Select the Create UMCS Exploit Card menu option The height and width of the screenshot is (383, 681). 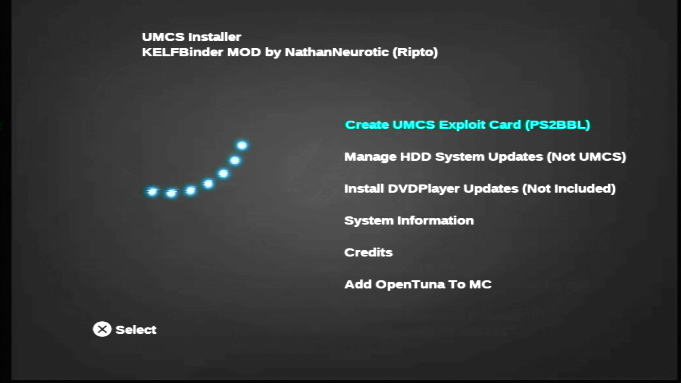coord(467,125)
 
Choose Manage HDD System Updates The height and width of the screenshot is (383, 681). coord(485,157)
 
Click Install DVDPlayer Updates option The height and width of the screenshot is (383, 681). coord(480,189)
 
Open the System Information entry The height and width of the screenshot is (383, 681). coord(409,221)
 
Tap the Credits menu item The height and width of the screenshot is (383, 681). coord(369,252)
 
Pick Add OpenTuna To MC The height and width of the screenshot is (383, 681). coord(418,284)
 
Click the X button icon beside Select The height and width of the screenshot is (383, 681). coord(102,329)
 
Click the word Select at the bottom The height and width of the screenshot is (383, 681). coord(136,330)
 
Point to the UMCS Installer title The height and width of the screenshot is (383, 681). coord(192,37)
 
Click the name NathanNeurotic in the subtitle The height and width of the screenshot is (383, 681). coord(337,52)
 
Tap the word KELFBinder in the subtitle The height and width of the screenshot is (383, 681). coord(183,52)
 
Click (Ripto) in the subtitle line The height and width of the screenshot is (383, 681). coord(415,52)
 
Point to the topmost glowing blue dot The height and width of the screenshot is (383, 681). coord(242,145)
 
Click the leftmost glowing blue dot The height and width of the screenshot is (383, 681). coord(152,192)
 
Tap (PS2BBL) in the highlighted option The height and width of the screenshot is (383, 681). coord(558,125)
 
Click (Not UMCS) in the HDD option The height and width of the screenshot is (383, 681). coord(586,157)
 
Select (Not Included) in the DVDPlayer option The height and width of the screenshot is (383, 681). coord(569,189)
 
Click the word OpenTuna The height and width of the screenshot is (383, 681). coord(410,285)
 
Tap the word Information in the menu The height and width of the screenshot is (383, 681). coord(436,220)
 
